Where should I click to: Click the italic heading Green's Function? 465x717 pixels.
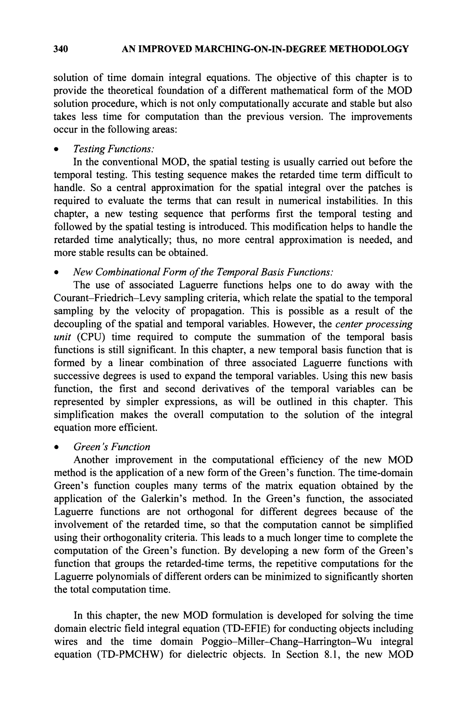tap(112, 447)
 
